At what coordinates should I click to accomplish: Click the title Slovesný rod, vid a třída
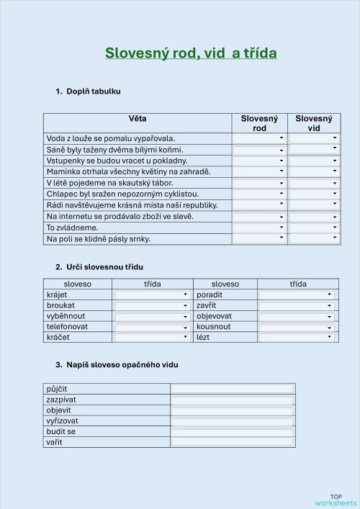[191, 53]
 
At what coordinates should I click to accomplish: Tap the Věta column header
[138, 118]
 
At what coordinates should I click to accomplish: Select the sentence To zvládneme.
[72, 228]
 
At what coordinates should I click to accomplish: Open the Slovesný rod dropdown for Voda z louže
[259, 138]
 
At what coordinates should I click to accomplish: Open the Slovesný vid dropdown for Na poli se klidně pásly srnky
[314, 238]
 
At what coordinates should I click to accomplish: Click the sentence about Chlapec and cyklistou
[122, 194]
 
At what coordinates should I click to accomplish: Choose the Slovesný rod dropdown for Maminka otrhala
[259, 172]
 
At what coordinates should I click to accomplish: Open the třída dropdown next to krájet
[152, 294]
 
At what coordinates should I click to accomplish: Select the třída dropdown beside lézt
[297, 337]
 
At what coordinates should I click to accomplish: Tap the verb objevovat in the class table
[215, 315]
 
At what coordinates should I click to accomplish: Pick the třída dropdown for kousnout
[297, 326]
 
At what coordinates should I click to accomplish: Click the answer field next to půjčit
[233, 389]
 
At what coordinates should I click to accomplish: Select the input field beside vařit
[233, 442]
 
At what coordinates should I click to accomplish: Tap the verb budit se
[61, 431]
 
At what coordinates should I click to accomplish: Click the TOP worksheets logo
[336, 499]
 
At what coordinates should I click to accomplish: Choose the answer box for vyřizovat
[233, 420]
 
